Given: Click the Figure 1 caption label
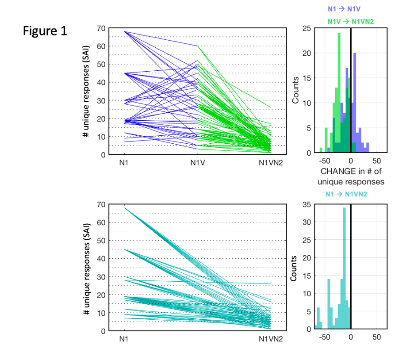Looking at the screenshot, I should click(x=45, y=31).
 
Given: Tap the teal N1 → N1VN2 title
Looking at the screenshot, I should click(x=346, y=194).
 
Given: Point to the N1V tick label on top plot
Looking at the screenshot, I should click(x=197, y=163).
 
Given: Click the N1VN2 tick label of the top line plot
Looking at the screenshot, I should click(x=270, y=163).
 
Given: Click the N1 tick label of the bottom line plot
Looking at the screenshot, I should click(x=124, y=339).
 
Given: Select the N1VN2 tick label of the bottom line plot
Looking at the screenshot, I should click(x=270, y=339).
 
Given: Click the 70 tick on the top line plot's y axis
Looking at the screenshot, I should click(x=101, y=28).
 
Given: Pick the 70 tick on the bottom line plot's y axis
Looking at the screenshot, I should click(x=101, y=204).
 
